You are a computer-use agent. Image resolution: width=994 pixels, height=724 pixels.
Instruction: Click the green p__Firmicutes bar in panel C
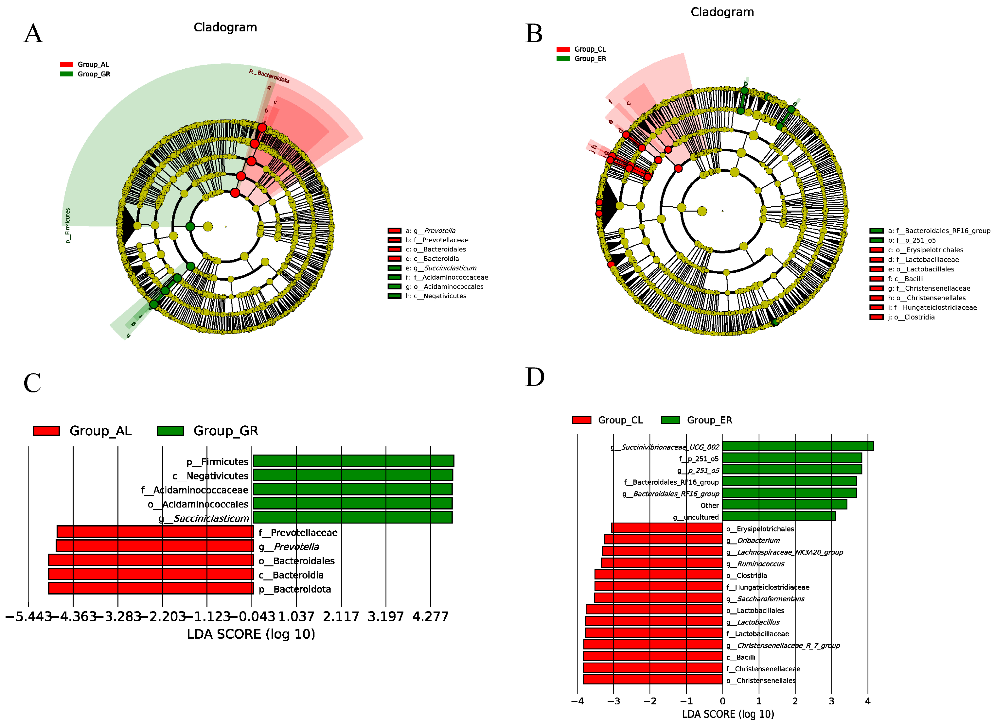pos(353,461)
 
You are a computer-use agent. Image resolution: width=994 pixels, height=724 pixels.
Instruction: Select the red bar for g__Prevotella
pos(155,546)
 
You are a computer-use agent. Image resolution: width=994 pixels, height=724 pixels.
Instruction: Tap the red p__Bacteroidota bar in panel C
pos(151,588)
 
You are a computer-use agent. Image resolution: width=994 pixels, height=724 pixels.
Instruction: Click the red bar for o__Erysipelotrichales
pos(667,528)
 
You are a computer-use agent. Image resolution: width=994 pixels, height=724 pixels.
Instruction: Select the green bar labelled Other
pos(784,505)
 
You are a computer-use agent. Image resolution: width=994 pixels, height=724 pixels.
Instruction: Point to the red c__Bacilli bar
pos(653,656)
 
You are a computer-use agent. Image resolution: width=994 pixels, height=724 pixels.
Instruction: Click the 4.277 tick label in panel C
pos(430,617)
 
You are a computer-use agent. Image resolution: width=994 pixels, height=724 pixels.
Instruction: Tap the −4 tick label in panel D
pos(577,701)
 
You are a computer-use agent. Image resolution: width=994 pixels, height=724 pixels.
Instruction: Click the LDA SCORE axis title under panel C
pos(251,634)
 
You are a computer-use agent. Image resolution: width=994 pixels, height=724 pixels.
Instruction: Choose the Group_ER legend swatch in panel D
pos(670,420)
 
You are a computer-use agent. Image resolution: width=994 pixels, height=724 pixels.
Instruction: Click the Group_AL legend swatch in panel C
pos(46,431)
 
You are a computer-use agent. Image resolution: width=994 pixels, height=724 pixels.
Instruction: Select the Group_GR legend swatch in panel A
pos(66,74)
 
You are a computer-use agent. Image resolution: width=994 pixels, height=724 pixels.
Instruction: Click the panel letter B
pos(534,34)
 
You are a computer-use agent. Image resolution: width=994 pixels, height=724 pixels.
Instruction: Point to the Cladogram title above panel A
pos(225,27)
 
